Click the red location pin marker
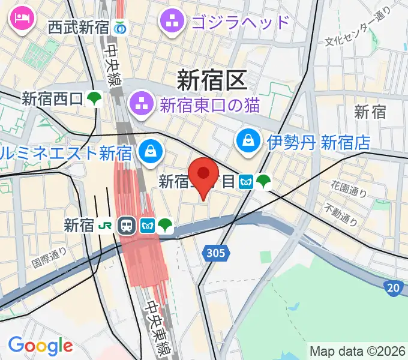click(x=204, y=175)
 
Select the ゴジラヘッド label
click(x=240, y=23)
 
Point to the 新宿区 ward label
click(x=212, y=79)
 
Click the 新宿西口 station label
click(x=52, y=98)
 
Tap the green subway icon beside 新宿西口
click(x=94, y=98)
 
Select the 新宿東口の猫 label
click(x=209, y=105)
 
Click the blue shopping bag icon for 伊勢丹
click(x=247, y=142)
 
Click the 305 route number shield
click(x=215, y=253)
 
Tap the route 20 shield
click(x=393, y=288)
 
